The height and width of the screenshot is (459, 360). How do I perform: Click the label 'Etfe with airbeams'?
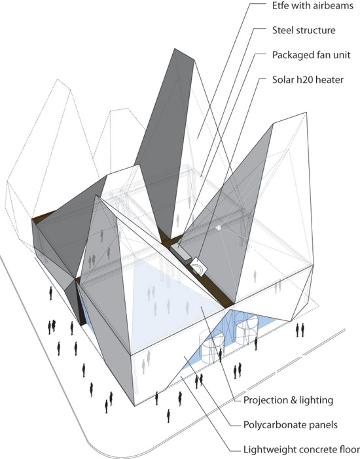click(312, 6)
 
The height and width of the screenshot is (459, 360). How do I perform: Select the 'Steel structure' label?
click(304, 30)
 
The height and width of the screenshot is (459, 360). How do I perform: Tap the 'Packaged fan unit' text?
click(311, 56)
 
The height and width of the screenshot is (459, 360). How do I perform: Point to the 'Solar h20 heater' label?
click(308, 80)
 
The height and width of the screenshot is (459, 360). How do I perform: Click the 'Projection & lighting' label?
click(288, 400)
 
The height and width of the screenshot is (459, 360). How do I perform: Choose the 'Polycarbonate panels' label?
click(290, 425)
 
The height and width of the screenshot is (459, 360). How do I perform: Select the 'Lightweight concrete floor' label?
click(302, 450)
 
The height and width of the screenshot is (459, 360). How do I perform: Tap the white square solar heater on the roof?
click(199, 266)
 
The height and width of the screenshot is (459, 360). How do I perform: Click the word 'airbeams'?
click(333, 6)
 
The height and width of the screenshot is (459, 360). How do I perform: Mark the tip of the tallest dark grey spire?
click(175, 49)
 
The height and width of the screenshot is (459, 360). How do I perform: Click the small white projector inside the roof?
click(219, 228)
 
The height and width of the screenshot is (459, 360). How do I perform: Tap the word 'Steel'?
click(283, 30)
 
